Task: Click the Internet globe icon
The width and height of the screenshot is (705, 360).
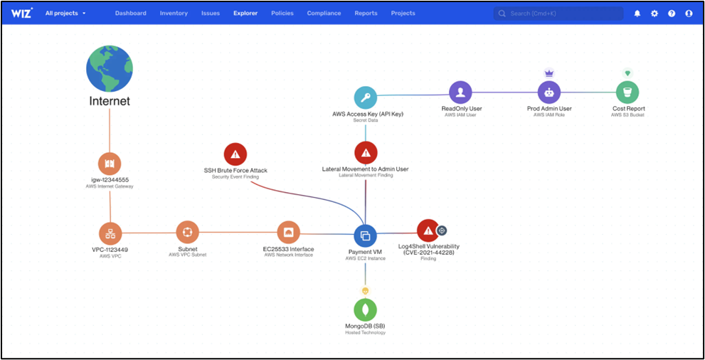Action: point(110,68)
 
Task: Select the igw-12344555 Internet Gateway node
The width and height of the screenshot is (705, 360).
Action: point(110,164)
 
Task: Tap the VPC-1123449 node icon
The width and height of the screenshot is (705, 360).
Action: point(110,233)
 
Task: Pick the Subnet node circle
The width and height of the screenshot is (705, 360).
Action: point(188,233)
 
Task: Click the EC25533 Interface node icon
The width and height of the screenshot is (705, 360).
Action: point(288,233)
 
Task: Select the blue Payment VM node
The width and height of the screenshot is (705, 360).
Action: point(365,235)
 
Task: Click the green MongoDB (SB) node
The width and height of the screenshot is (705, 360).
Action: point(365,309)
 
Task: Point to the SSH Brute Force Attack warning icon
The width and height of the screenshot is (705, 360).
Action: point(235,154)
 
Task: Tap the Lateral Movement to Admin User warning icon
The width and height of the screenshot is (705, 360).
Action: point(366,153)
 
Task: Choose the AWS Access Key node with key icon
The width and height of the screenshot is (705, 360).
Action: point(365,97)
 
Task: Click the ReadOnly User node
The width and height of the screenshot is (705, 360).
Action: point(461,92)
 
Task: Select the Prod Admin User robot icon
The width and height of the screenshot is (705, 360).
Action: point(549,92)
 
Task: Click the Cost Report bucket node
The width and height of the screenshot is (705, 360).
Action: point(627,92)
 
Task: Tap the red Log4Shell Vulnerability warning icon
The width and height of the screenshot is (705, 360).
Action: point(428,231)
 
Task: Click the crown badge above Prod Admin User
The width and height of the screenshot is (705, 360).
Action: point(549,73)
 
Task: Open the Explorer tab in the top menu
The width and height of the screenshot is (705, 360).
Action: point(245,13)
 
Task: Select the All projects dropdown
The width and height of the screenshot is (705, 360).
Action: point(65,13)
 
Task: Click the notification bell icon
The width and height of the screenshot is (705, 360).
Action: point(637,14)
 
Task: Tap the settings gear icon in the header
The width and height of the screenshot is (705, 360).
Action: point(654,14)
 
